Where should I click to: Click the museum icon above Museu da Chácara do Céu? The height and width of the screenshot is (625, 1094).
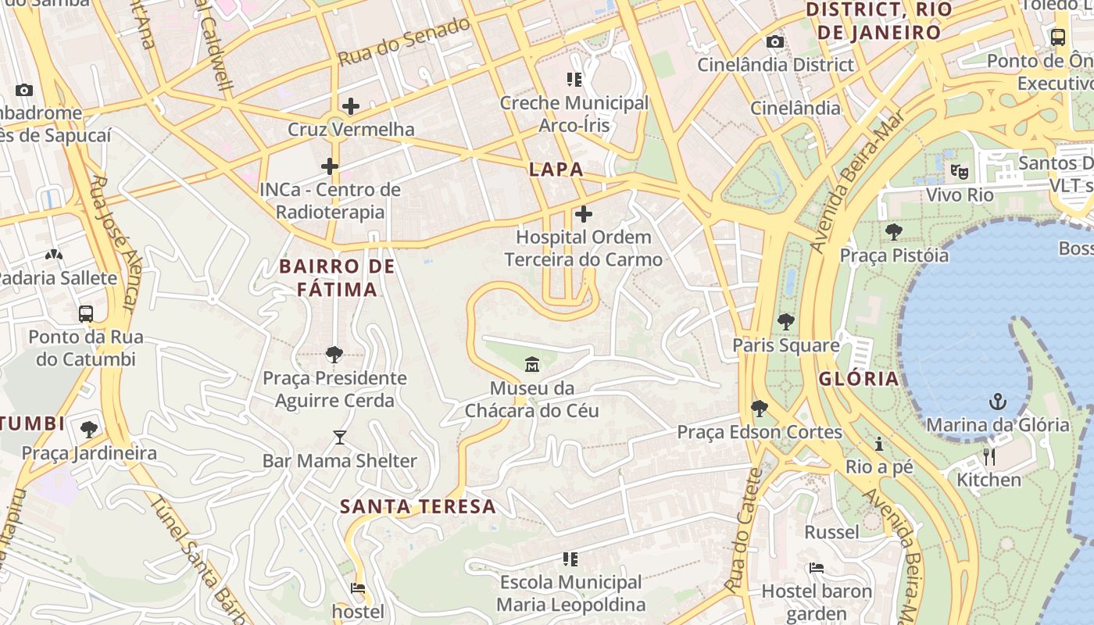point(532,364)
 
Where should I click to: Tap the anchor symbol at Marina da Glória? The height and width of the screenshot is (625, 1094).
point(997,402)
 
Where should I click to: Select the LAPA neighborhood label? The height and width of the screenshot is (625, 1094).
point(556,169)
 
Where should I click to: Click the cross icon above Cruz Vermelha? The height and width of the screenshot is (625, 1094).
point(351,106)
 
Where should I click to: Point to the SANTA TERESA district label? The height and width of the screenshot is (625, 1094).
point(418,506)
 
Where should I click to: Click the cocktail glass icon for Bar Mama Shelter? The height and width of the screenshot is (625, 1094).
point(339,437)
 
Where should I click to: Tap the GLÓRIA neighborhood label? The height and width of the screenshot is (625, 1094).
point(859,379)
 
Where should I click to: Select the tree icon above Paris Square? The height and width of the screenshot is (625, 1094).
point(786,321)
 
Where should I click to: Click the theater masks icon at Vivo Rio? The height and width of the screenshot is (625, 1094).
point(959,171)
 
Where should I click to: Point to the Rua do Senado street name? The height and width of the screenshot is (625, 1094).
point(404,41)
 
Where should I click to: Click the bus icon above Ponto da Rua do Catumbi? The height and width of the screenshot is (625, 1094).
point(86,314)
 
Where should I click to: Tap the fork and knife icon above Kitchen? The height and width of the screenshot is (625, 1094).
point(989,457)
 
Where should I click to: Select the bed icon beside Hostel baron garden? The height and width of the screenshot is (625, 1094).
point(817,568)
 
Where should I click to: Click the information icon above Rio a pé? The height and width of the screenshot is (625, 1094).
point(879,444)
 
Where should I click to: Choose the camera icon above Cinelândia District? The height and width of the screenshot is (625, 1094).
point(774,41)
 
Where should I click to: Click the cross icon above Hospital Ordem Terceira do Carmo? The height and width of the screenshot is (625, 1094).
point(583,214)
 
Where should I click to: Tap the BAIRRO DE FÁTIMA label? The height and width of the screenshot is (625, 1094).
point(338,277)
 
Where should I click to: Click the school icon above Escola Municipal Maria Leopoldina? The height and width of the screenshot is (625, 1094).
point(570,559)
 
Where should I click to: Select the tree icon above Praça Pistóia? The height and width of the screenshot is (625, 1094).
point(894,232)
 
